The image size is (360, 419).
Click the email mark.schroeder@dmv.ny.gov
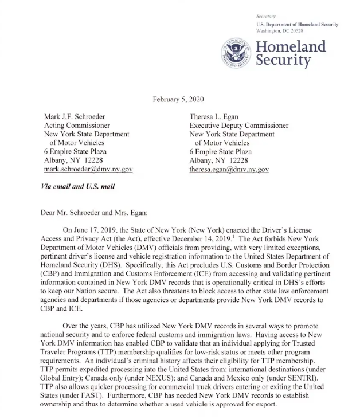click(x=88, y=170)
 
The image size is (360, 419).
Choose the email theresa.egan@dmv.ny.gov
click(x=229, y=170)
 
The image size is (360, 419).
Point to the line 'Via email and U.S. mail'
click(x=77, y=187)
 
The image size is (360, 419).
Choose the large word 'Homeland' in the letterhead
click(x=290, y=46)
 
